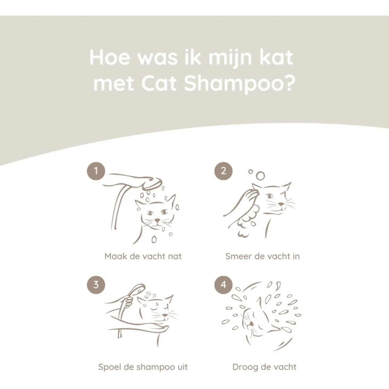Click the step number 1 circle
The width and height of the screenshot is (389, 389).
click(x=96, y=171)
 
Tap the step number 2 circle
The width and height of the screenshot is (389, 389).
click(x=223, y=171)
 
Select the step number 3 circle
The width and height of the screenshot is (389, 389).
click(x=96, y=285)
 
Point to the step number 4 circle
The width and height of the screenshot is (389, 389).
click(x=223, y=285)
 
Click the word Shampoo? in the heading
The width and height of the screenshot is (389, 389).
click(x=240, y=84)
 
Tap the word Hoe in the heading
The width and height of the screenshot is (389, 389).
click(x=110, y=58)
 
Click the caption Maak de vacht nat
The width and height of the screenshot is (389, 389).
click(x=143, y=256)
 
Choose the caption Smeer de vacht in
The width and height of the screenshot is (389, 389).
click(x=262, y=256)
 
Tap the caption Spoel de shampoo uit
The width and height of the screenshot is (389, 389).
click(x=143, y=367)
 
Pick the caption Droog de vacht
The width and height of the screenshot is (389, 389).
click(x=265, y=367)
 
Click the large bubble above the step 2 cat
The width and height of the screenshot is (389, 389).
click(x=260, y=176)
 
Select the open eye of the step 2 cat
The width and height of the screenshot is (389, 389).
click(x=269, y=196)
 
